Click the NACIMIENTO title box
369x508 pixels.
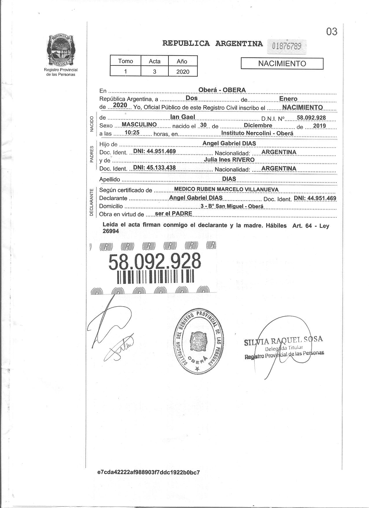click(282, 63)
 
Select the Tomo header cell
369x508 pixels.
click(126, 61)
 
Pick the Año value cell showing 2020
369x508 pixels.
click(183, 71)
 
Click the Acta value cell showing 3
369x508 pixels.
click(155, 71)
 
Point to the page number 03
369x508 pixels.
click(332, 32)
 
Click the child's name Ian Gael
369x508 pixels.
click(183, 117)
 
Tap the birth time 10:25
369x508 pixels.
click(132, 133)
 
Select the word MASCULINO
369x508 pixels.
click(139, 124)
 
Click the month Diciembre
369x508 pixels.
click(258, 125)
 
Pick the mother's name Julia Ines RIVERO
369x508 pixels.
click(229, 160)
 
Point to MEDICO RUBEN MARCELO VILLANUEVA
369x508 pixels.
click(226, 190)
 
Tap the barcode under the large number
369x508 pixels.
click(155, 277)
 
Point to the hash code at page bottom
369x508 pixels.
click(149, 472)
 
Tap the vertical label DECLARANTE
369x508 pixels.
click(91, 203)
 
